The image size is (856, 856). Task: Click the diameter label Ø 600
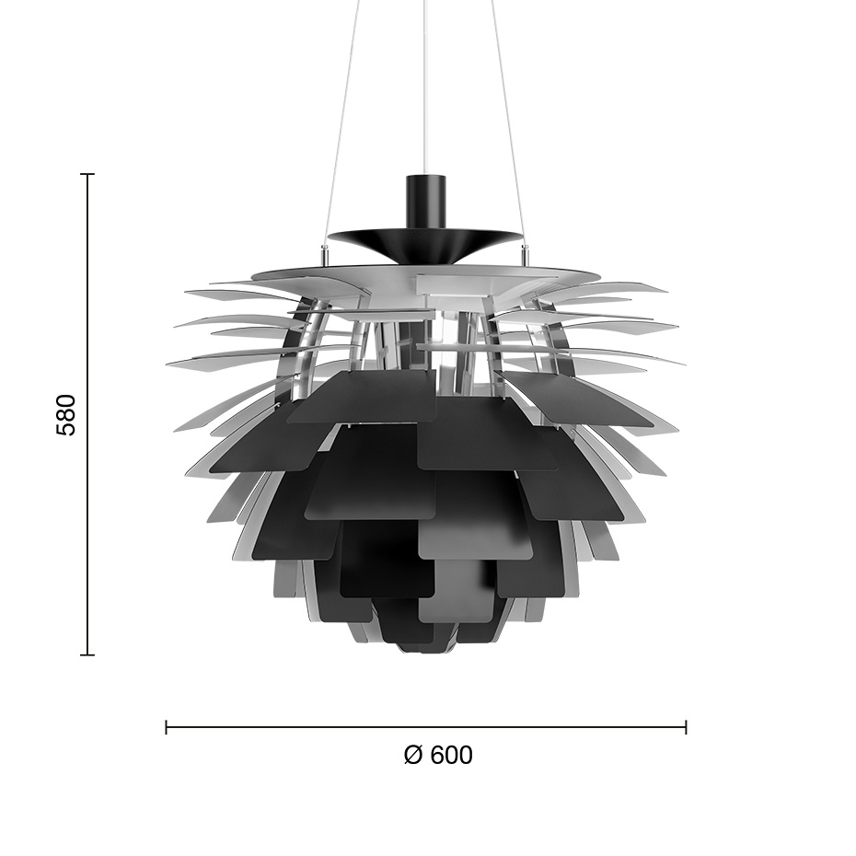(x=438, y=756)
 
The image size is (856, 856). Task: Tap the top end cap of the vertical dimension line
(x=88, y=174)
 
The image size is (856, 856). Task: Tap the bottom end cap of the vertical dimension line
(x=88, y=654)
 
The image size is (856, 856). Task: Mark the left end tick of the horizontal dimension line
(x=167, y=727)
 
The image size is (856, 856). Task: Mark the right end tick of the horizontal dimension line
(x=686, y=727)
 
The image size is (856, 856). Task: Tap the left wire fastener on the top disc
(x=323, y=250)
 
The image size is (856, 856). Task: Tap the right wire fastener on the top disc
(x=526, y=250)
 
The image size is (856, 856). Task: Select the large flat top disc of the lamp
(x=425, y=272)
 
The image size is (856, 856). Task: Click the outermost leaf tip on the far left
(x=169, y=364)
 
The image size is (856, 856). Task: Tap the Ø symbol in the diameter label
(x=413, y=756)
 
